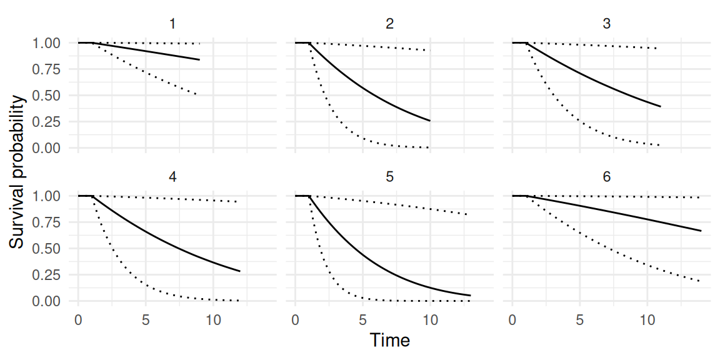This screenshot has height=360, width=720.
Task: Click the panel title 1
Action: pyautogui.click(x=172, y=24)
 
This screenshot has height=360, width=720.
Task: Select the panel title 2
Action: pyautogui.click(x=389, y=24)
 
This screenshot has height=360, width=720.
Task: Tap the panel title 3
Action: pyautogui.click(x=607, y=24)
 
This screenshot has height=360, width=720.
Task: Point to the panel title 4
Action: pyautogui.click(x=172, y=177)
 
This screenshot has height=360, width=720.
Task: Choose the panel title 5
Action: pyautogui.click(x=389, y=177)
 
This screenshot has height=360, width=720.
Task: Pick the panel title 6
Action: pyautogui.click(x=607, y=177)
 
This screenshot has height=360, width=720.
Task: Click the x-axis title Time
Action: pyautogui.click(x=389, y=341)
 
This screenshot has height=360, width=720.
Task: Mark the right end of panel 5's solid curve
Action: pyautogui.click(x=471, y=295)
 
